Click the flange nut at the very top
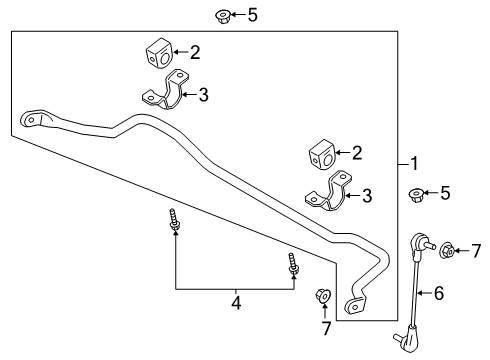(223, 15)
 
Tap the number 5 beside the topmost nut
(252, 15)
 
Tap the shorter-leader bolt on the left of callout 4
(174, 223)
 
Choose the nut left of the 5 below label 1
(415, 194)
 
